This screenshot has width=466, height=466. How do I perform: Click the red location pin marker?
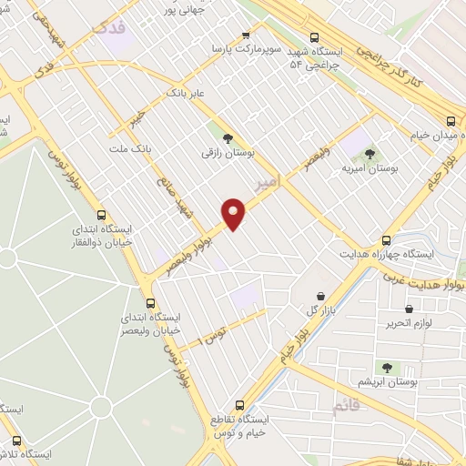[235, 214]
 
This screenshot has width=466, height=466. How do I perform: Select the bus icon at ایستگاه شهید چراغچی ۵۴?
[315, 38]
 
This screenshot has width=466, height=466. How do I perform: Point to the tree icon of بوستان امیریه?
[369, 154]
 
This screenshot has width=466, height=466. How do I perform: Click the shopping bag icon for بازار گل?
[321, 296]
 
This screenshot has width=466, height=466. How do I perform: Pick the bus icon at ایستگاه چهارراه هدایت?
[387, 240]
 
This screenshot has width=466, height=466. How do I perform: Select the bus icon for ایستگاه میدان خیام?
[451, 121]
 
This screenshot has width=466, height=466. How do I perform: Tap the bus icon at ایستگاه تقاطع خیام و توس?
[240, 405]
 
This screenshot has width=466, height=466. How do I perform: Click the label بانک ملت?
[127, 148]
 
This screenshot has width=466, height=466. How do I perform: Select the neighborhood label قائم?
[347, 406]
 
